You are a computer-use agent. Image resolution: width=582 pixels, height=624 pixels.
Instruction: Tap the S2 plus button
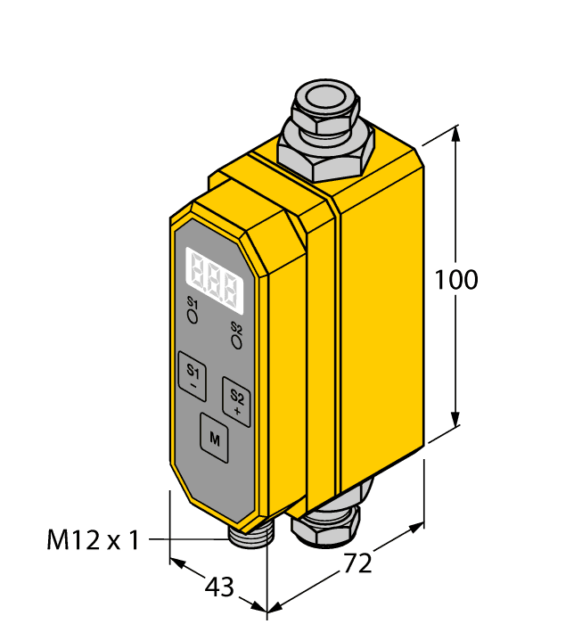point(236,402)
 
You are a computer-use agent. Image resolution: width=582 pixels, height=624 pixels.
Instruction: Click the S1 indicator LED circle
point(192,315)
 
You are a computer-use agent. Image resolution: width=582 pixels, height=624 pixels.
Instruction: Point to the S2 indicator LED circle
point(236,341)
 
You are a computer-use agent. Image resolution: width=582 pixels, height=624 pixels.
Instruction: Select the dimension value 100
point(456,280)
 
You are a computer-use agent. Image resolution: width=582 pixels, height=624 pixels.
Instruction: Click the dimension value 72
point(357,564)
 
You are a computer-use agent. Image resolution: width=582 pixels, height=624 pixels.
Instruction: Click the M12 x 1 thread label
point(93,539)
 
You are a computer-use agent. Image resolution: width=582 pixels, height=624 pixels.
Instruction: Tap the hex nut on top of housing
point(326,150)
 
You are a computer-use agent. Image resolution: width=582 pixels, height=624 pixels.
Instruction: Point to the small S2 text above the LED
point(236,327)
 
